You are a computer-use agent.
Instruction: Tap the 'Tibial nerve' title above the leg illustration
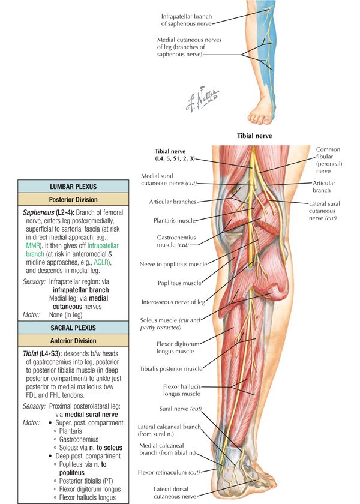(x=254, y=136)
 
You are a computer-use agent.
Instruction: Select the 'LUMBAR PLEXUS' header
(x=73, y=187)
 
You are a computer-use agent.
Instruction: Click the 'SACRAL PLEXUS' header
(x=73, y=328)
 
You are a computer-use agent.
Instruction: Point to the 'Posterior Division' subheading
(x=73, y=200)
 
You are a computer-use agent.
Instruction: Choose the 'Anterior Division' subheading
(x=73, y=341)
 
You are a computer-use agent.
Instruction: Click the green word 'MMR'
(x=33, y=246)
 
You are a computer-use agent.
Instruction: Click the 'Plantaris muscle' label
(x=175, y=221)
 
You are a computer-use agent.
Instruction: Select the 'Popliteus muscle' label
(x=179, y=283)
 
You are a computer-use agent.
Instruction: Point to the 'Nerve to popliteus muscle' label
(x=173, y=265)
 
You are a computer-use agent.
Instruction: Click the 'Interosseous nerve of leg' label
(x=173, y=302)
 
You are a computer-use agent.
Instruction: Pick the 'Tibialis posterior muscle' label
(x=171, y=368)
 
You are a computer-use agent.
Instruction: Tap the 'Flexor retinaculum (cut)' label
(x=169, y=472)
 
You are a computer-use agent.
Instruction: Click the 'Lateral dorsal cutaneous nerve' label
(x=175, y=493)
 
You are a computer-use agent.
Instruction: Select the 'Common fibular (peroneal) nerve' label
(x=329, y=160)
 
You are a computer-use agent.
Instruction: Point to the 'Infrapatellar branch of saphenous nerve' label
(x=187, y=20)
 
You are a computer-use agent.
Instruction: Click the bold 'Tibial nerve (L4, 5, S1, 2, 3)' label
(x=175, y=155)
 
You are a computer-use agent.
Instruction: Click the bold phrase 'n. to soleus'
(x=106, y=448)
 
